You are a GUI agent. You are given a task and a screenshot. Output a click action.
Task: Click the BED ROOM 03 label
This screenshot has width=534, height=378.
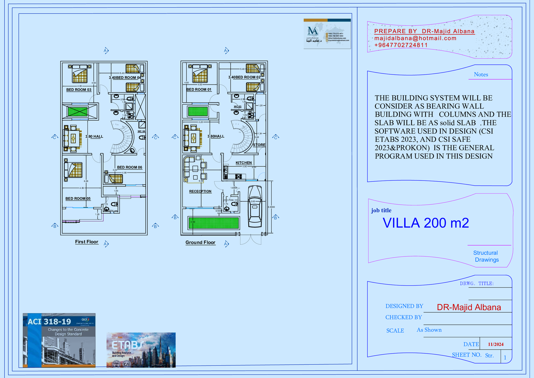(x=79, y=90)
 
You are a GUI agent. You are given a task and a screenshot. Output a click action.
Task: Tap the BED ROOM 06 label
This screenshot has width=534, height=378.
(x=129, y=167)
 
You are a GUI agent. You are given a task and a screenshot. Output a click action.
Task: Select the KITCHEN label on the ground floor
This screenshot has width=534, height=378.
(x=244, y=163)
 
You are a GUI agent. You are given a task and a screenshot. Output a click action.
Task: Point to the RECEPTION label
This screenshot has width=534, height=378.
(x=200, y=191)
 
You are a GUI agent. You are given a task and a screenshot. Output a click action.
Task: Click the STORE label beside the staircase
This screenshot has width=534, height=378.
(x=259, y=145)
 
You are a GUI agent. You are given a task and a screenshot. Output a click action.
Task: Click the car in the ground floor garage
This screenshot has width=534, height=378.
(x=255, y=206)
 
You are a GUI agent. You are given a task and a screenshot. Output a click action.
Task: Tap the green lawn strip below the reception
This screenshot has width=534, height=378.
(x=214, y=223)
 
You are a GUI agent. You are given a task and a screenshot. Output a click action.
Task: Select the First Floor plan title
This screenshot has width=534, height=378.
(x=86, y=242)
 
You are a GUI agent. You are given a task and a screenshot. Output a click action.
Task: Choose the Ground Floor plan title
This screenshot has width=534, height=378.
(x=200, y=242)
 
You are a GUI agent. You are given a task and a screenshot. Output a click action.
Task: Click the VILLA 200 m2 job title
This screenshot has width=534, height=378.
(x=426, y=223)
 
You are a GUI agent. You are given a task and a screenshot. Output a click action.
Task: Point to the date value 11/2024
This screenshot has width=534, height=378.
(x=496, y=344)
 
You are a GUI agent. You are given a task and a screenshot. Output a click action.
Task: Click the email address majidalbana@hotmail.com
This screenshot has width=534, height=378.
(x=415, y=38)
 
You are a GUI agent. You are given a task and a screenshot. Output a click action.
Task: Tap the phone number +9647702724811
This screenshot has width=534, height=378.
(x=401, y=45)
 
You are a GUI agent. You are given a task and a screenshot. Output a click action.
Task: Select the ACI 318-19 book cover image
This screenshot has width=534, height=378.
(x=59, y=340)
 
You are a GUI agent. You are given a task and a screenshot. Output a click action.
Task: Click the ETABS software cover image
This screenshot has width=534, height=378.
(x=141, y=350)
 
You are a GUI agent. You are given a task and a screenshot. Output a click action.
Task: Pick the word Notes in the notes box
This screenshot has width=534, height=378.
(x=481, y=75)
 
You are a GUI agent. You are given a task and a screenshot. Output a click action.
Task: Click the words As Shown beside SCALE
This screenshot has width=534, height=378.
(x=429, y=330)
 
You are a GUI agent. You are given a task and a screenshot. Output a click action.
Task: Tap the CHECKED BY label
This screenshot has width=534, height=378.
(x=404, y=317)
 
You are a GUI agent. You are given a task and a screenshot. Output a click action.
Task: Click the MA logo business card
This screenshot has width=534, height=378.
(x=327, y=34)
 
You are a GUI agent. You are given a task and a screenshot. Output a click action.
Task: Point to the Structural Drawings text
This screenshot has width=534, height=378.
(x=486, y=256)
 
